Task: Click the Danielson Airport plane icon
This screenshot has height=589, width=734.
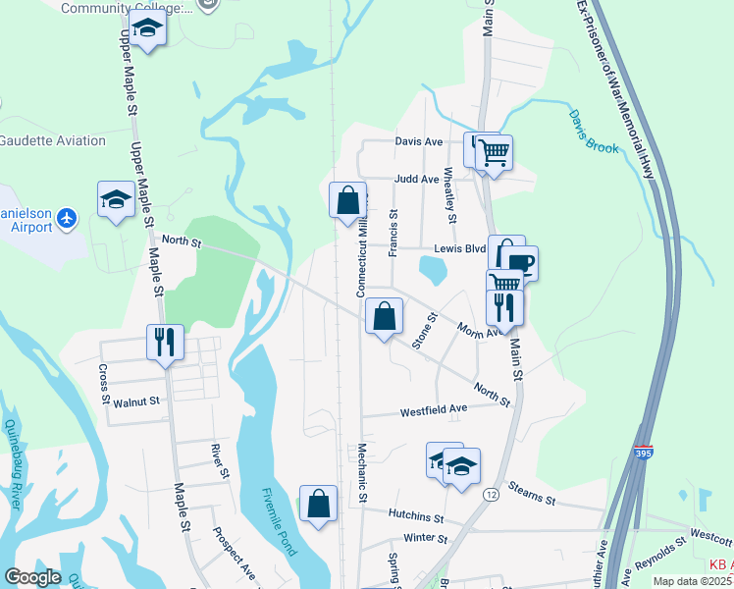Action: click(x=67, y=216)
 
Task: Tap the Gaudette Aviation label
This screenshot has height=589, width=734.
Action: click(x=53, y=140)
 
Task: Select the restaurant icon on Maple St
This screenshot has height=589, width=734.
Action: click(x=164, y=342)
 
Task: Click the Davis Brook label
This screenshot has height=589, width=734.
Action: click(x=594, y=132)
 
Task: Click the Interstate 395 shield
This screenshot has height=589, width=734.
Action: click(x=642, y=455)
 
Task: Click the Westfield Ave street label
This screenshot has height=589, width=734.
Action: click(x=433, y=409)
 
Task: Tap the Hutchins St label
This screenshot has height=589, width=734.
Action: click(x=416, y=515)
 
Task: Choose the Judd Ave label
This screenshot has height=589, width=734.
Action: click(x=416, y=180)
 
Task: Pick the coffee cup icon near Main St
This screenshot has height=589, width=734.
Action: click(x=519, y=262)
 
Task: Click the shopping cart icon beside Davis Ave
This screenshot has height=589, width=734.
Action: click(x=494, y=152)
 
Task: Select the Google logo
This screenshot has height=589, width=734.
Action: click(x=32, y=576)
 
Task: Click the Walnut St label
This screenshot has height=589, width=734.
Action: click(x=135, y=402)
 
